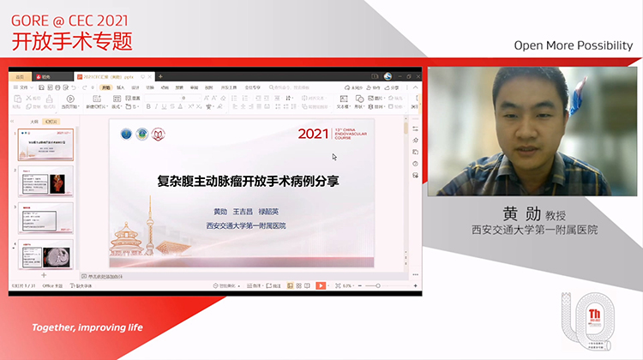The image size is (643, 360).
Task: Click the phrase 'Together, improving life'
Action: pyautogui.click(x=87, y=327)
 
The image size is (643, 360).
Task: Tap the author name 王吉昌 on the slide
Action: pyautogui.click(x=245, y=212)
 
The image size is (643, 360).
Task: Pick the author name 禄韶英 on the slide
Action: pyautogui.click(x=273, y=212)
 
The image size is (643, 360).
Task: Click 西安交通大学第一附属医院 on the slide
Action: pyautogui.click(x=245, y=226)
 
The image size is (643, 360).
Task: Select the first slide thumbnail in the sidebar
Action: pyautogui.click(x=45, y=146)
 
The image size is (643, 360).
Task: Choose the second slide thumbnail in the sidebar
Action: pyautogui.click(x=45, y=183)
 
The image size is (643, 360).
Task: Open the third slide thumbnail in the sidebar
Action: pyautogui.click(x=45, y=218)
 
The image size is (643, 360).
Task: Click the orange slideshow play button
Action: pyautogui.click(x=321, y=285)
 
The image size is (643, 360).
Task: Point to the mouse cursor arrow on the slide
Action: pyautogui.click(x=334, y=157)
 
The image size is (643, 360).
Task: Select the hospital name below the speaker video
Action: pyautogui.click(x=534, y=230)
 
